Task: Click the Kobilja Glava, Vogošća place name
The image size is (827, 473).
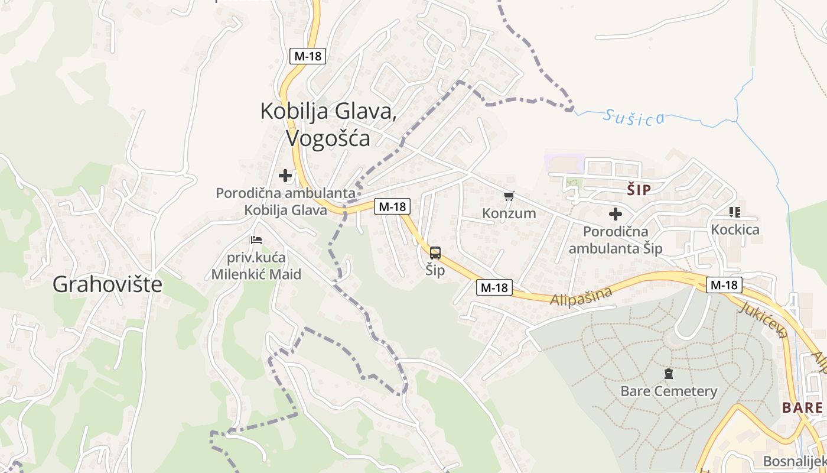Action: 328,124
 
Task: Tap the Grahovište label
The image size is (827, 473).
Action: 108,284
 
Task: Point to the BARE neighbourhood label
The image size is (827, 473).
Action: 802,407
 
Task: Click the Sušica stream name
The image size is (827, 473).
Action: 634,117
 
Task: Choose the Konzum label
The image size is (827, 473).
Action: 509,213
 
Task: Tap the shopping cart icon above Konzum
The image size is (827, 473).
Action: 509,196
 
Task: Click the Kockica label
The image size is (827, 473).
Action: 735,229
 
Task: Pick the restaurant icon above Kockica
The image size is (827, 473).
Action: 735,212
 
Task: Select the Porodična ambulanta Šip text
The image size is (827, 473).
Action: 616,239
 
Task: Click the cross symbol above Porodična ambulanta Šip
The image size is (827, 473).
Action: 616,214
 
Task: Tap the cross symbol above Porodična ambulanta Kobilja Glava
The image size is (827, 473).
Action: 286,175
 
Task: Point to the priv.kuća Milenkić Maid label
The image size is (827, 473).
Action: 256,266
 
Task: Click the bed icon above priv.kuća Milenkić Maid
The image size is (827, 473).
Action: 256,240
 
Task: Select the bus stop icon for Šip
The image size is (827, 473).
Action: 435,253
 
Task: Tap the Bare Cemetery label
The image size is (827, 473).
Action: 669,391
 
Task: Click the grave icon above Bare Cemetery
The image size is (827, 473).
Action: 669,374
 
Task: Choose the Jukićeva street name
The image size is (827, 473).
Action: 764,320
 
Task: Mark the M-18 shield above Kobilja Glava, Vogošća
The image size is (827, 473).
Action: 308,57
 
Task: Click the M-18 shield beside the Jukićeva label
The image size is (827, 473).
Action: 724,285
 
